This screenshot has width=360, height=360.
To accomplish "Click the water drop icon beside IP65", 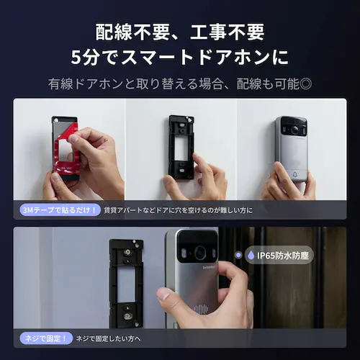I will pyautogui.click(x=250, y=254).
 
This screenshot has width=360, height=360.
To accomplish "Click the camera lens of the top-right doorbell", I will pyautogui.click(x=294, y=130).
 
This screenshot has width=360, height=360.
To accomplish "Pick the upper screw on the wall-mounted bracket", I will pyautogui.click(x=125, y=252).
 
